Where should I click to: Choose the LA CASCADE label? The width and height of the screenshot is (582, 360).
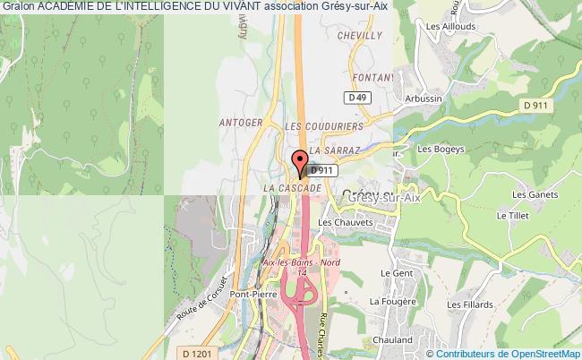tap(292, 189)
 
